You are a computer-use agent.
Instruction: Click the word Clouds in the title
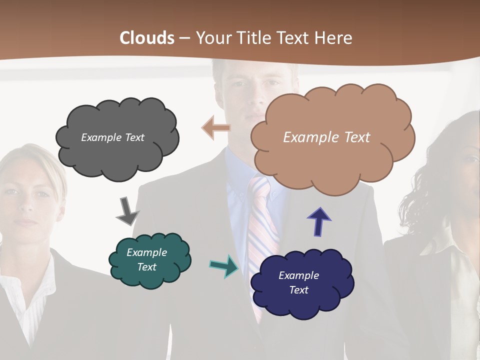(147, 38)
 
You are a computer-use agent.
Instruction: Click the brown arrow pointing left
(216, 128)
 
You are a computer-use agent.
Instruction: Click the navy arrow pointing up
(319, 221)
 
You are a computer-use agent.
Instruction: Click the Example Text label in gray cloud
(112, 137)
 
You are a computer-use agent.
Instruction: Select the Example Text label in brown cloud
(326, 137)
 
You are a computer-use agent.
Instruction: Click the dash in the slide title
(184, 38)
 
